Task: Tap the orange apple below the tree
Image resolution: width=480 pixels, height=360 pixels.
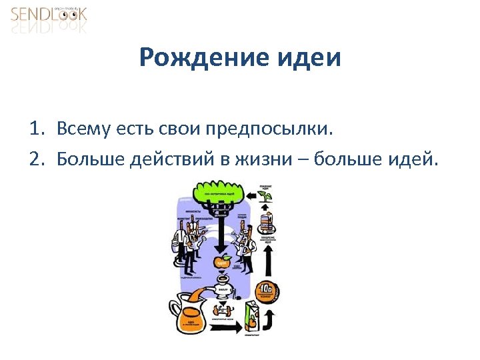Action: coord(222,262)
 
